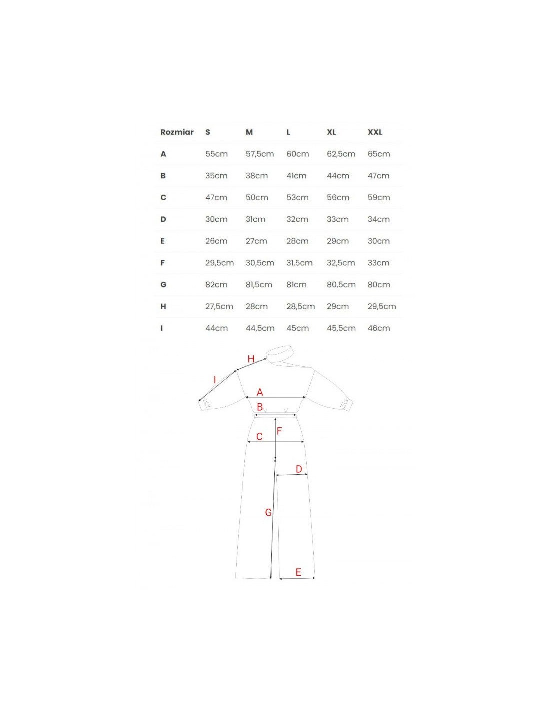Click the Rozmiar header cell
point(177,132)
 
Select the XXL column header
point(375,132)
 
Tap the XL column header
point(331,132)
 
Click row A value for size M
point(260,154)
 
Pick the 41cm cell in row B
point(296,175)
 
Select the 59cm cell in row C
point(379,197)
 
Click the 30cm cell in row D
point(216,219)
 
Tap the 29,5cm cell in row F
point(219,263)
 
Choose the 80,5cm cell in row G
point(341,285)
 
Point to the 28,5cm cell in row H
point(300,306)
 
